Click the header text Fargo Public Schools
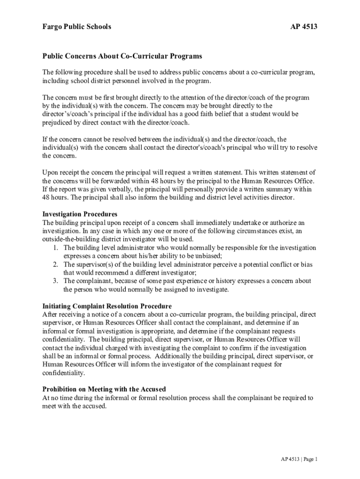[77, 27]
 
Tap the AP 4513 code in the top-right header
[304, 27]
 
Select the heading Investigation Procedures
[80, 214]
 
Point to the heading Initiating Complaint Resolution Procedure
[110, 306]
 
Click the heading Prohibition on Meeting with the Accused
[104, 389]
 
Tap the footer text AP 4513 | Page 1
[296, 459]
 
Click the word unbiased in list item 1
[206, 256]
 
